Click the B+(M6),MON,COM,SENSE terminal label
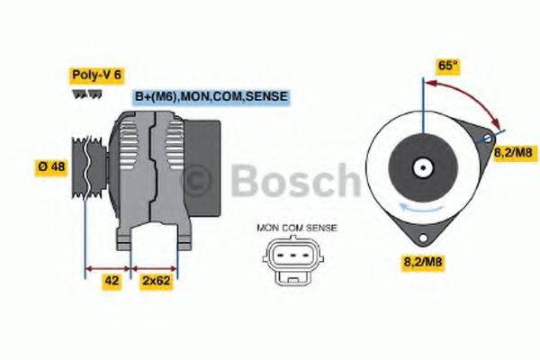click(x=213, y=96)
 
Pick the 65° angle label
click(x=447, y=65)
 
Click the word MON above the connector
click(x=268, y=228)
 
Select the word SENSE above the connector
click(x=321, y=228)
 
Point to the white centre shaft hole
click(x=421, y=166)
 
